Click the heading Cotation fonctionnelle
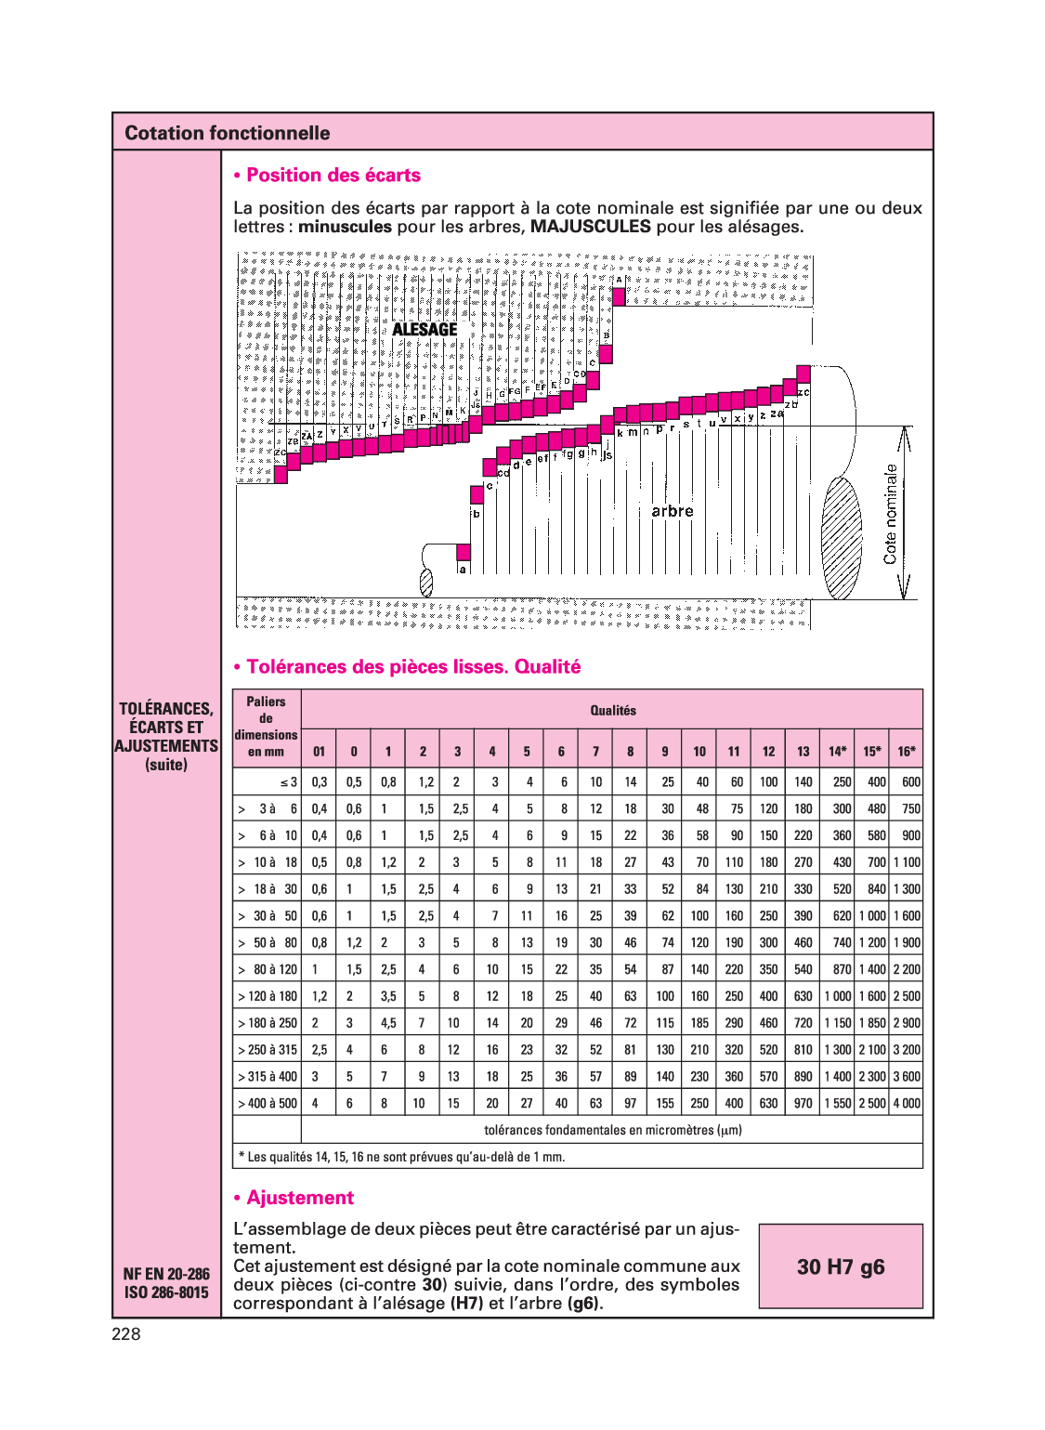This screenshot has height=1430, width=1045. [x=227, y=133]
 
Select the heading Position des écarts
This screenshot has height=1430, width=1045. [x=327, y=176]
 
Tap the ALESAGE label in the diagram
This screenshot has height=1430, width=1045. [x=425, y=330]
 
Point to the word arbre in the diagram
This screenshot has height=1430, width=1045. [x=672, y=511]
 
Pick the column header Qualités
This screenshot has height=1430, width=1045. [x=613, y=711]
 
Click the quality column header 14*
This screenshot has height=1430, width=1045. [x=837, y=752]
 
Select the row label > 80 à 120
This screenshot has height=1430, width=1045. [x=268, y=970]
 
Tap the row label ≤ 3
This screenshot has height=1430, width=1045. [x=289, y=782]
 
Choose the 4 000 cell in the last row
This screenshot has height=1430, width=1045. [x=907, y=1104]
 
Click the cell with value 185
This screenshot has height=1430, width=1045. [x=699, y=1023]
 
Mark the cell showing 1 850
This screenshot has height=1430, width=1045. [x=872, y=1023]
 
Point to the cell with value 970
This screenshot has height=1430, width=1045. [x=803, y=1104]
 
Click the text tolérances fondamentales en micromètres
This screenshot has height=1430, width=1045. [x=613, y=1131]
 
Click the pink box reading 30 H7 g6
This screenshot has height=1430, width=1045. [x=841, y=1266]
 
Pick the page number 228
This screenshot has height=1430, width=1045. [x=126, y=1334]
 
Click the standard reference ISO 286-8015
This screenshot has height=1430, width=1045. [x=166, y=1292]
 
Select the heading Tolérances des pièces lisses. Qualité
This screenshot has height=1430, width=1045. [x=407, y=667]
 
